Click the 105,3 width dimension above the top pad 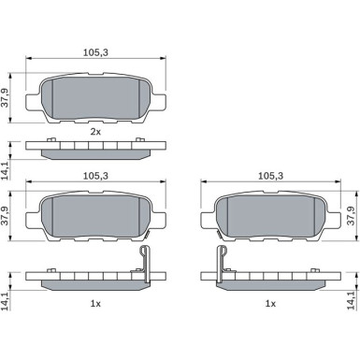pos(95,52)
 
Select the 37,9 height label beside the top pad pos(5,98)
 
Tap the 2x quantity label pos(95,132)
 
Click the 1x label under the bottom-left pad pos(95,303)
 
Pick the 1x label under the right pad pos(270,303)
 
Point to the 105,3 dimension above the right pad pos(270,176)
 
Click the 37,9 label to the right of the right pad pos(352,216)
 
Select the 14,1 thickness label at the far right pos(352,300)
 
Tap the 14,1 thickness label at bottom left pos(5,301)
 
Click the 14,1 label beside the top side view pos(5,171)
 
